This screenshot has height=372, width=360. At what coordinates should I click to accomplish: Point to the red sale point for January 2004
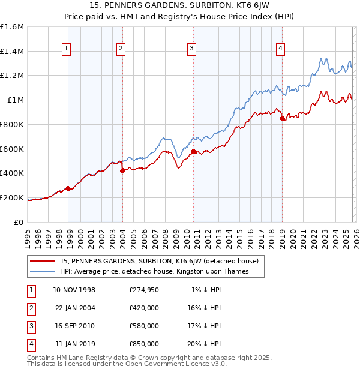pos(122,170)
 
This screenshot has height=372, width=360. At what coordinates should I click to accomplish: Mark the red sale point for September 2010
pos(194,151)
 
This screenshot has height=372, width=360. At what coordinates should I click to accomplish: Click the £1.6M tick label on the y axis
pos(12,27)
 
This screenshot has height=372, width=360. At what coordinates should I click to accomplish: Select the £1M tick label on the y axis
pos(15,100)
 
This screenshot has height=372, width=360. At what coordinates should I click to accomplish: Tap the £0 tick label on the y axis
pos(19,222)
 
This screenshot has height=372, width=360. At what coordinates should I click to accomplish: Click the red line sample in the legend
pos(42,261)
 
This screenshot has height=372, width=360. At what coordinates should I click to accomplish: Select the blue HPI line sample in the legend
pos(42,271)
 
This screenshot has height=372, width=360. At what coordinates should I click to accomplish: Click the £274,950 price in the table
pos(143,290)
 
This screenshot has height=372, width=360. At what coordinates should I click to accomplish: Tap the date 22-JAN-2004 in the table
pos(74,308)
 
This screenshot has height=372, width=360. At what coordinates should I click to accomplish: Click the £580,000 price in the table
pos(143,326)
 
